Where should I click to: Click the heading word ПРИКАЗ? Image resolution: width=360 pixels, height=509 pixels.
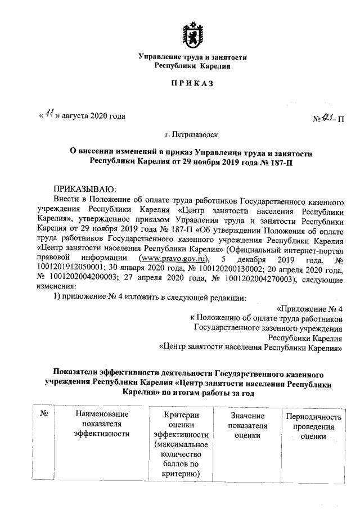(193, 85)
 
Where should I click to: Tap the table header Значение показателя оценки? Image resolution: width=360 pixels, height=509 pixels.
(247, 425)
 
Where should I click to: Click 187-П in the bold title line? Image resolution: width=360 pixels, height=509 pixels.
(281, 162)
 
